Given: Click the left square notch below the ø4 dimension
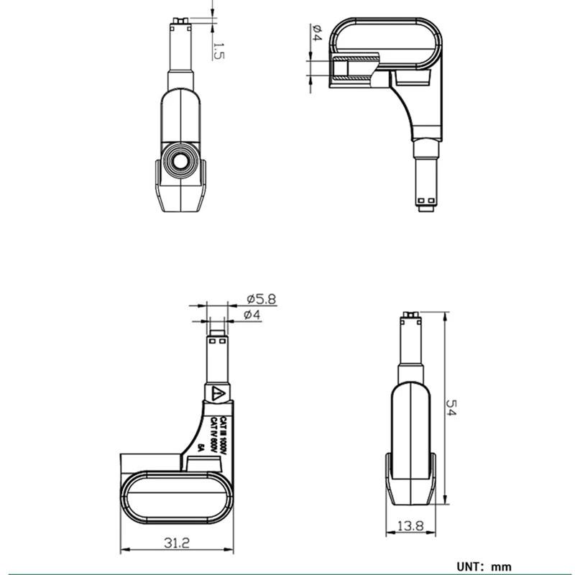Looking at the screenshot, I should click(211, 341).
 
